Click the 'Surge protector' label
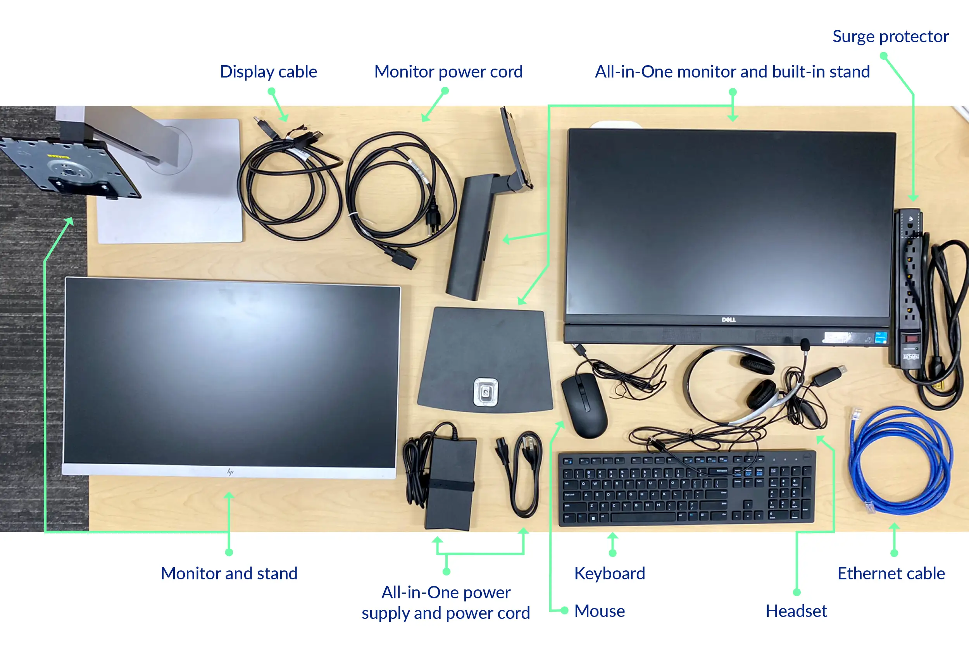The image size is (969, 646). tap(890, 37)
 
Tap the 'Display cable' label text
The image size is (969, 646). tap(269, 72)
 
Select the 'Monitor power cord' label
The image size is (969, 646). tap(448, 72)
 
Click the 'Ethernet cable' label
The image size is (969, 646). tap(891, 574)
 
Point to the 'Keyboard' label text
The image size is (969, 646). tap(609, 574)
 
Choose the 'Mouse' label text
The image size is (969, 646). tap(600, 611)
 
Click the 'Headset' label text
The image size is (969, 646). tap(796, 611)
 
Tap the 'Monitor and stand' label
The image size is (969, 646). tap(229, 574)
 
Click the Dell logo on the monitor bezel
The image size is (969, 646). tap(728, 320)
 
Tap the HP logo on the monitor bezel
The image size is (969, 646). tap(230, 472)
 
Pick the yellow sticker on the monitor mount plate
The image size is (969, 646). tap(58, 157)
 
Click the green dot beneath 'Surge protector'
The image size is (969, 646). tap(883, 56)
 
